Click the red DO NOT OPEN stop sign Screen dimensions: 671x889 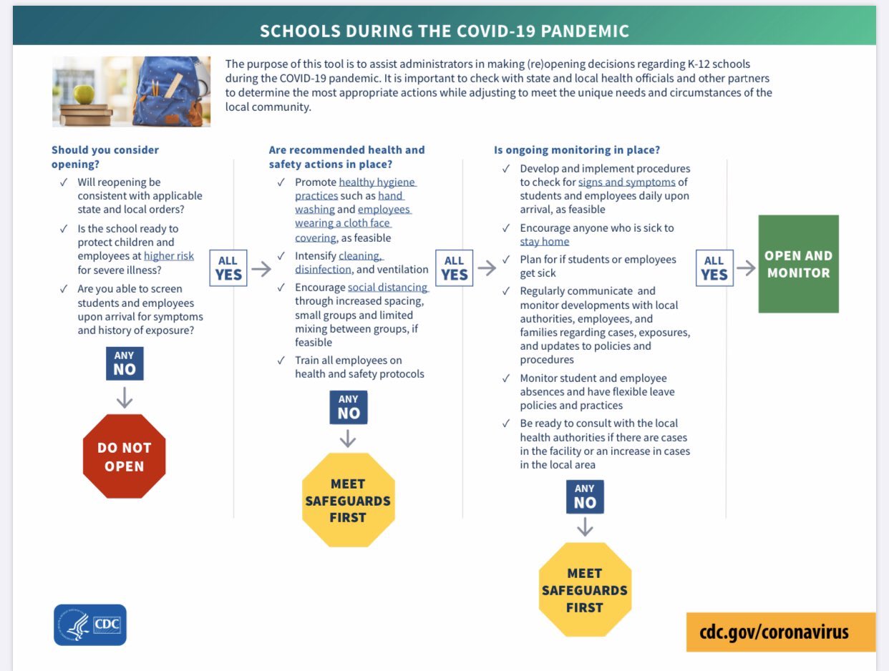click(x=124, y=456)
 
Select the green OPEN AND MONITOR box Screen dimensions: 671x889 click(x=798, y=264)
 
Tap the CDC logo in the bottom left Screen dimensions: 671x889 click(x=90, y=625)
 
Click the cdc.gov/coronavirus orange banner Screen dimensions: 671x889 click(x=780, y=632)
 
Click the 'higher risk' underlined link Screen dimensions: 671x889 click(x=169, y=256)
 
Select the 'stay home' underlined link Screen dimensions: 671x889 click(x=544, y=242)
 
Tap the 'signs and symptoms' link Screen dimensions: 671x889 click(x=626, y=182)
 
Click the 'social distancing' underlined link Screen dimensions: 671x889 click(x=388, y=288)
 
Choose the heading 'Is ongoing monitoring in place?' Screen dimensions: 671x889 click(x=577, y=150)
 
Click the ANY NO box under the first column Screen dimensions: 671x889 click(x=124, y=363)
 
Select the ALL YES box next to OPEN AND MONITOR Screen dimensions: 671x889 click(x=714, y=268)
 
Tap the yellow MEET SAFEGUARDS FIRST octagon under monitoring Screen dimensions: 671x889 click(x=584, y=590)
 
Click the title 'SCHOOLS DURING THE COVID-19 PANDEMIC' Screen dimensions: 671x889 click(x=444, y=31)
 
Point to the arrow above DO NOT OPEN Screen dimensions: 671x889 click(x=124, y=397)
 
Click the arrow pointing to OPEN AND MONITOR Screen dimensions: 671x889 click(x=746, y=268)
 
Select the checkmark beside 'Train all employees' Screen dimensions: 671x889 click(x=281, y=360)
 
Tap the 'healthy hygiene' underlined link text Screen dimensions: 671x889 click(x=377, y=182)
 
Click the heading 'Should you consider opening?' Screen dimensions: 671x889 click(x=105, y=156)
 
